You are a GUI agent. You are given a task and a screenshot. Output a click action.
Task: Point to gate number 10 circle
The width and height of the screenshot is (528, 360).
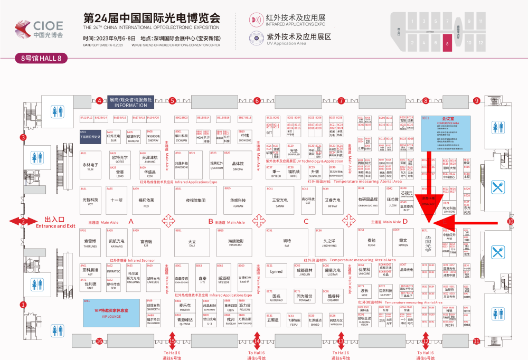[510, 222]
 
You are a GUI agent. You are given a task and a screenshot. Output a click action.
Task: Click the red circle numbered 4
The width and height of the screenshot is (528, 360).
[99, 101]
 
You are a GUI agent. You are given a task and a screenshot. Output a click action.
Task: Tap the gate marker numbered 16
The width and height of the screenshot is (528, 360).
[99, 341]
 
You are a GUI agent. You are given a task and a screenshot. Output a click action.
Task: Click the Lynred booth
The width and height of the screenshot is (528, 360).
[276, 272]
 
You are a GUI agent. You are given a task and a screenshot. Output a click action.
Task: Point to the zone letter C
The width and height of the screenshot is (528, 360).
[306, 222]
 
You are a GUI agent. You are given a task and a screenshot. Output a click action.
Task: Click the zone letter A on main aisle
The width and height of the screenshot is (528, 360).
[131, 222]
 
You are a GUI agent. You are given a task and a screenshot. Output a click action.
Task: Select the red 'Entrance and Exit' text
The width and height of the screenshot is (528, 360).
[55, 226]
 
